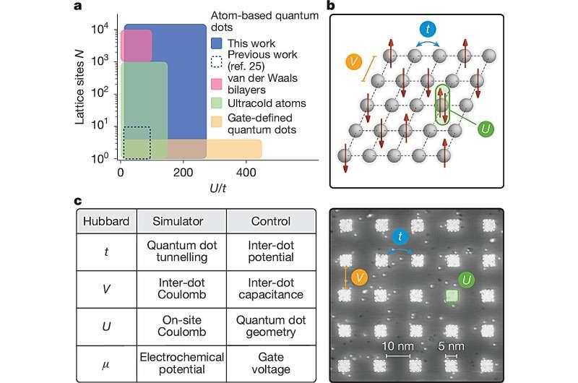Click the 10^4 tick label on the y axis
coord(100,29)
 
